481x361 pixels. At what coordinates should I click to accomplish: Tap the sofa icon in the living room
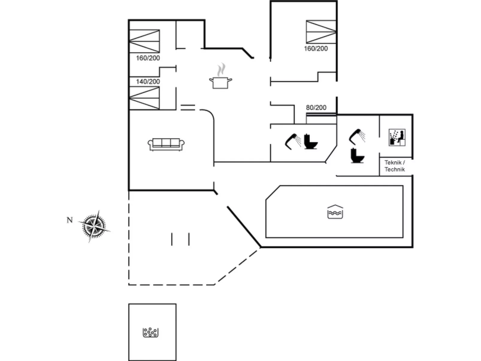tap(166, 144)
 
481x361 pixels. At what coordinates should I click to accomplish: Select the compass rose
tap(94, 226)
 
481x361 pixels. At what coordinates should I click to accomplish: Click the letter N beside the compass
tap(69, 220)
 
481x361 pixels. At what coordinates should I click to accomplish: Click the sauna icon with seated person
tap(397, 138)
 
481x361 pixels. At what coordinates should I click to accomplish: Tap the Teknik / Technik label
tap(395, 166)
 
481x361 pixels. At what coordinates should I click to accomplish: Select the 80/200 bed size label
tap(316, 108)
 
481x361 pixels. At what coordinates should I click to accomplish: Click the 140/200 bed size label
tap(148, 81)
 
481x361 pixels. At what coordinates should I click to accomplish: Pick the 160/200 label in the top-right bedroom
tap(316, 49)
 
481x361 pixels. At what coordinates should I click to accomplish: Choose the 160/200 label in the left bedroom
tap(148, 58)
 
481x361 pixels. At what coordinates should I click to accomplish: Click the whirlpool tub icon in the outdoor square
tap(151, 332)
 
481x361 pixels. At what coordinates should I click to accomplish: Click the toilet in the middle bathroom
tap(311, 142)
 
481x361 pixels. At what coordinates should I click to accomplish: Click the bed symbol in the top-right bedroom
tap(321, 32)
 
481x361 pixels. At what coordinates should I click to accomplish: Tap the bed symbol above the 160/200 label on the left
tap(144, 41)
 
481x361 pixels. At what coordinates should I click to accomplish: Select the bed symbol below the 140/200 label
tap(144, 98)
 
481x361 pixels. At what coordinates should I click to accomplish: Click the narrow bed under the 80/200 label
tap(321, 119)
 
